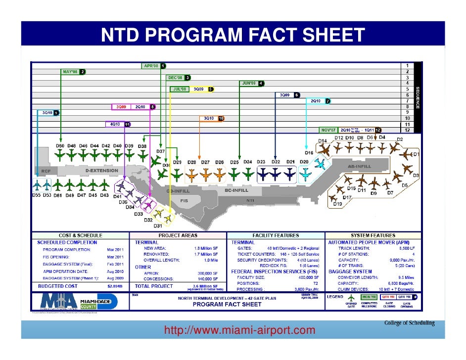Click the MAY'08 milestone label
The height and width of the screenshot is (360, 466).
click(70, 71)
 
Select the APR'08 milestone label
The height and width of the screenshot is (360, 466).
click(150, 65)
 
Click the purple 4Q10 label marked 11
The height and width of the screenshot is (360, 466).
click(114, 125)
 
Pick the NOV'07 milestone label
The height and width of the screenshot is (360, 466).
click(328, 130)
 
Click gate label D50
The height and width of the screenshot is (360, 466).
click(60, 146)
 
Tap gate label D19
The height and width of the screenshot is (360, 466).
click(338, 204)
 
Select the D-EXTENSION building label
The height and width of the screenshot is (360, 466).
click(102, 171)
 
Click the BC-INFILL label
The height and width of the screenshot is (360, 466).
click(236, 190)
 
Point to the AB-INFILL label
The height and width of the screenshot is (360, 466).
click(362, 167)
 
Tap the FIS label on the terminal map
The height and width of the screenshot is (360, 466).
click(184, 201)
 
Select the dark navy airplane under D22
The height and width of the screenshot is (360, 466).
click(276, 174)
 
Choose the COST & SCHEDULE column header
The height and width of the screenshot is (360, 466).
click(81, 235)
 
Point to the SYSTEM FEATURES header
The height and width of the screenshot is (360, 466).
click(373, 235)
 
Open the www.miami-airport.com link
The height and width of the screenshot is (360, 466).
click(239, 330)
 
